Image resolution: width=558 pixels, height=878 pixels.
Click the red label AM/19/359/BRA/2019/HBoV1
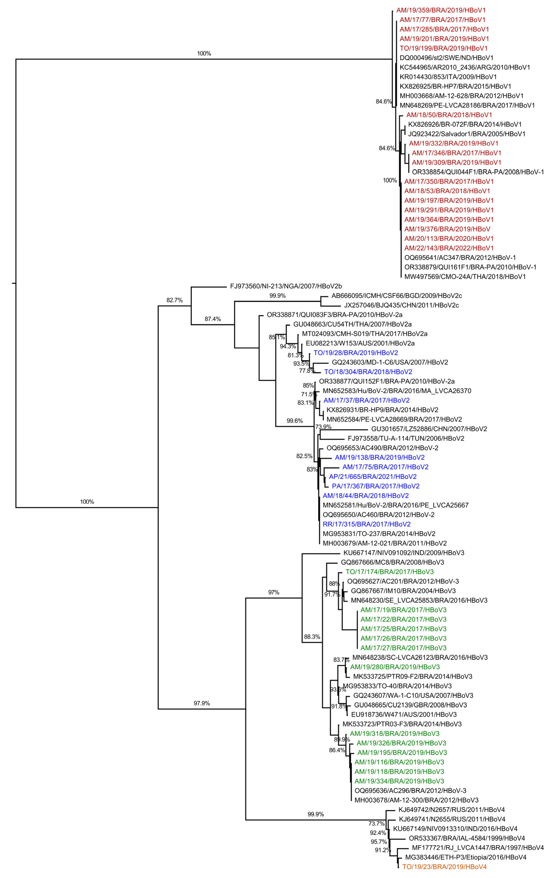tap(441, 10)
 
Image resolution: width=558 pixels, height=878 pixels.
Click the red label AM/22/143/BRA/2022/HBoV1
tap(449, 248)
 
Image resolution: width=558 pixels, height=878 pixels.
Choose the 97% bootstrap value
tap(274, 592)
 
